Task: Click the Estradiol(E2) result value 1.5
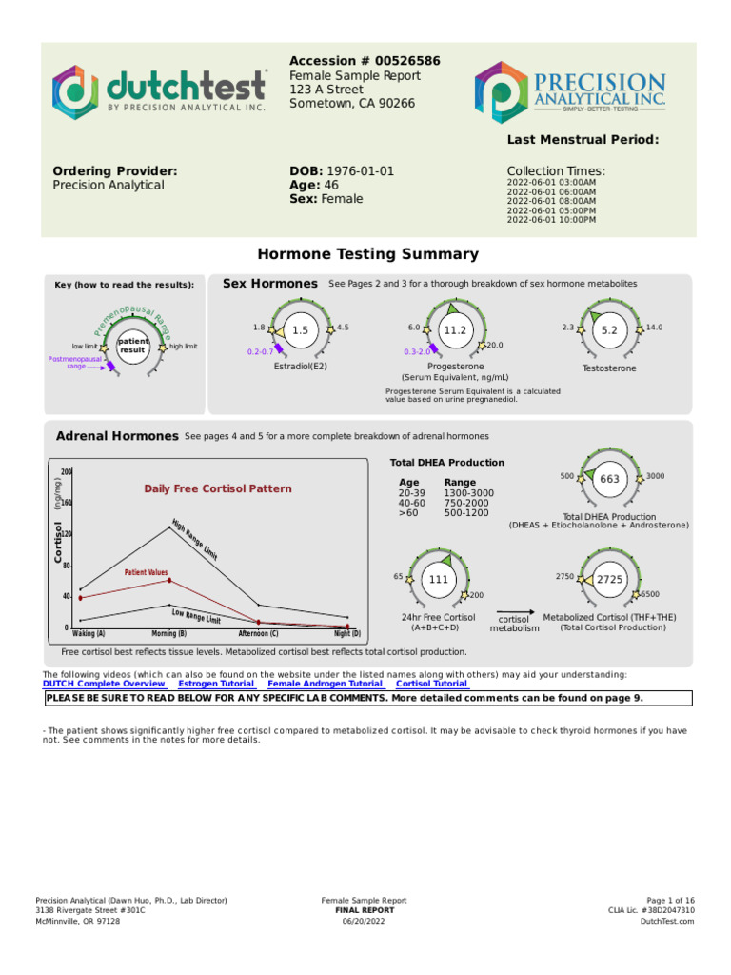(x=301, y=330)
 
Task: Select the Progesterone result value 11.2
(x=456, y=330)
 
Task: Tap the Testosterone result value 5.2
(x=610, y=330)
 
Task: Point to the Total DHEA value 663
(x=610, y=480)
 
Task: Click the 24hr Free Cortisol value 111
(x=439, y=579)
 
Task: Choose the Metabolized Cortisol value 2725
(x=610, y=579)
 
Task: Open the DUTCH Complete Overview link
(x=104, y=684)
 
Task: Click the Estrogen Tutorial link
(x=216, y=684)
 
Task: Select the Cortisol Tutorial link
(x=431, y=684)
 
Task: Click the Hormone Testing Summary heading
(x=368, y=254)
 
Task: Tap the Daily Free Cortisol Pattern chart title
(x=218, y=488)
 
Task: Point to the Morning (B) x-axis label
(x=169, y=633)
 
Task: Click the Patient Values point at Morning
(x=169, y=580)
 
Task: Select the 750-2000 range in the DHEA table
(x=468, y=503)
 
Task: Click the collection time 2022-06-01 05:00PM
(x=551, y=210)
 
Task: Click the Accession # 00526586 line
(x=365, y=61)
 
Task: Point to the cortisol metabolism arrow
(x=514, y=614)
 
